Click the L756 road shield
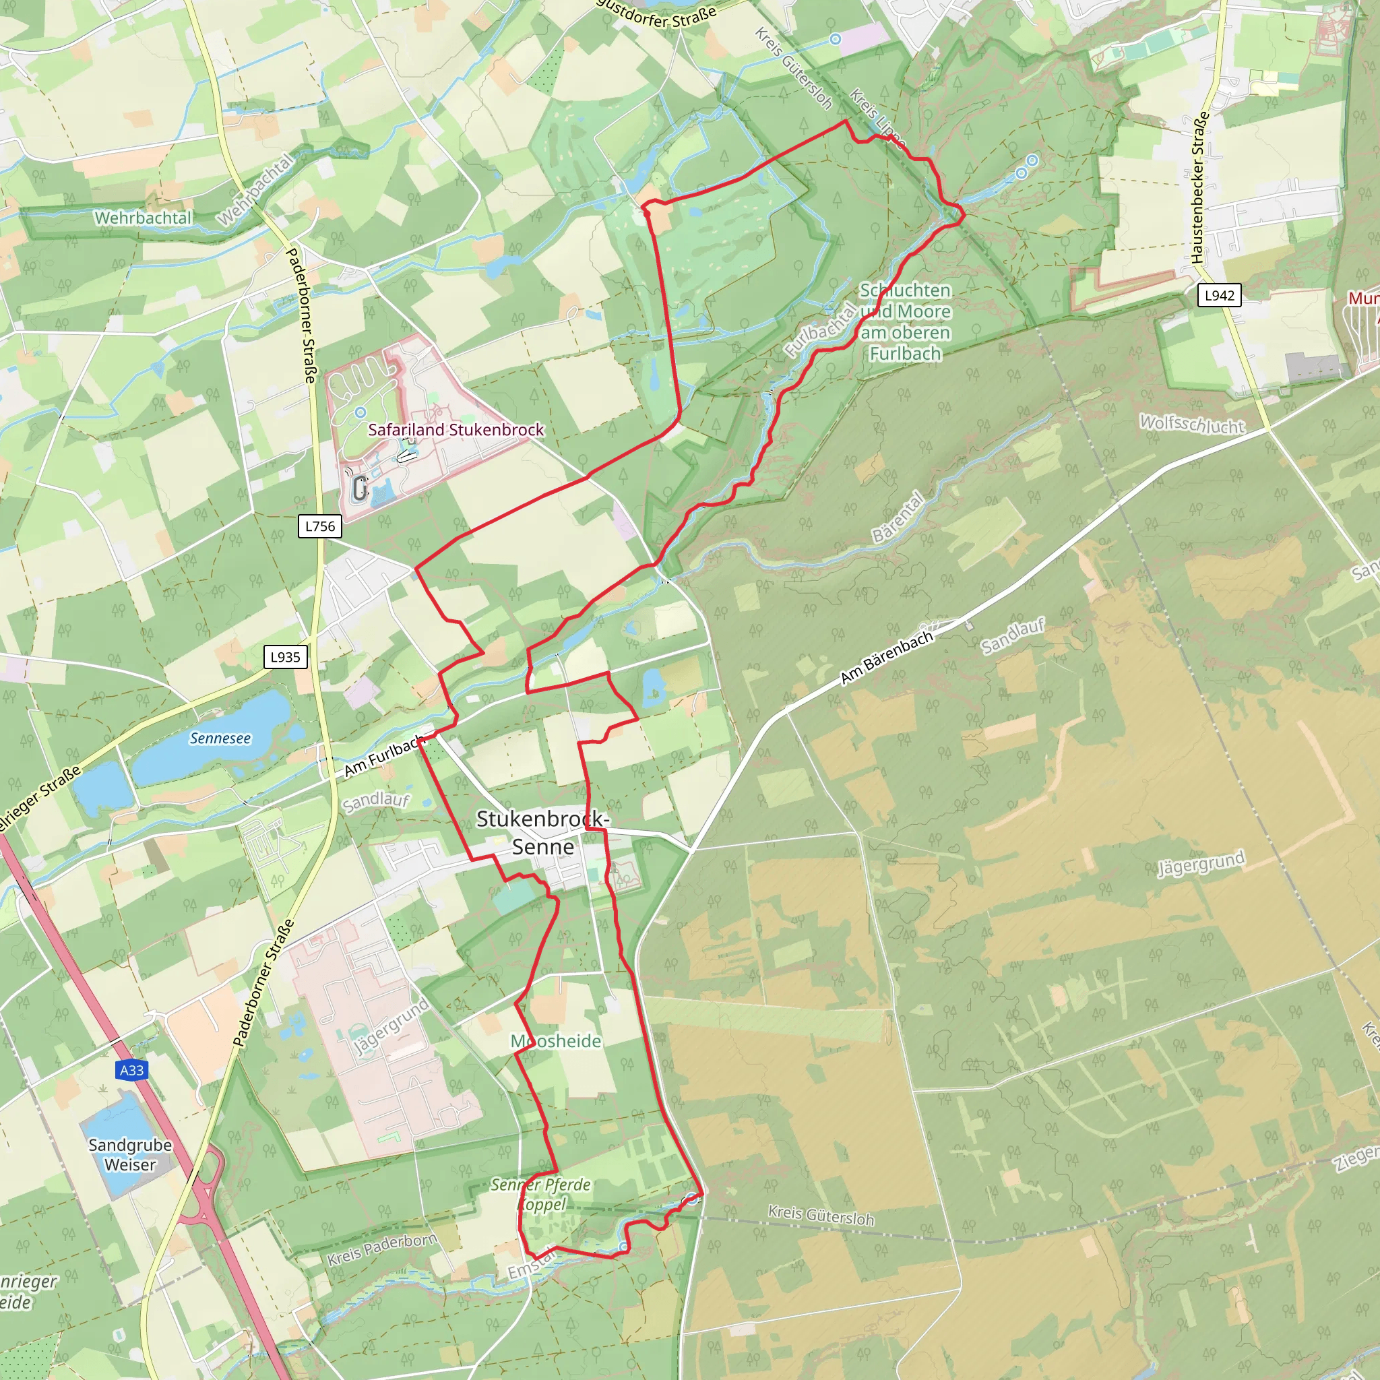click(319, 526)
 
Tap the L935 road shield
click(285, 657)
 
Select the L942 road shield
click(1219, 295)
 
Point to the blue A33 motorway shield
click(131, 1070)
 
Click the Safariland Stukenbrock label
click(456, 429)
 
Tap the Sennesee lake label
click(220, 738)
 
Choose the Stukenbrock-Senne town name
click(543, 833)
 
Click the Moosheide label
click(556, 1040)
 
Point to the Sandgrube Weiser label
click(130, 1154)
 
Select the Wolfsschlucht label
click(1191, 425)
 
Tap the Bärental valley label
click(898, 516)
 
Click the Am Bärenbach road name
click(887, 657)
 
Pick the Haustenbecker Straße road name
click(1199, 187)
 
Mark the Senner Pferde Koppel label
click(540, 1194)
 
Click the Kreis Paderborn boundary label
click(381, 1249)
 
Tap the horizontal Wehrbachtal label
click(143, 217)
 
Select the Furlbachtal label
click(821, 330)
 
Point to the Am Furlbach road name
click(383, 757)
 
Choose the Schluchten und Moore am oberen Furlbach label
click(905, 321)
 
